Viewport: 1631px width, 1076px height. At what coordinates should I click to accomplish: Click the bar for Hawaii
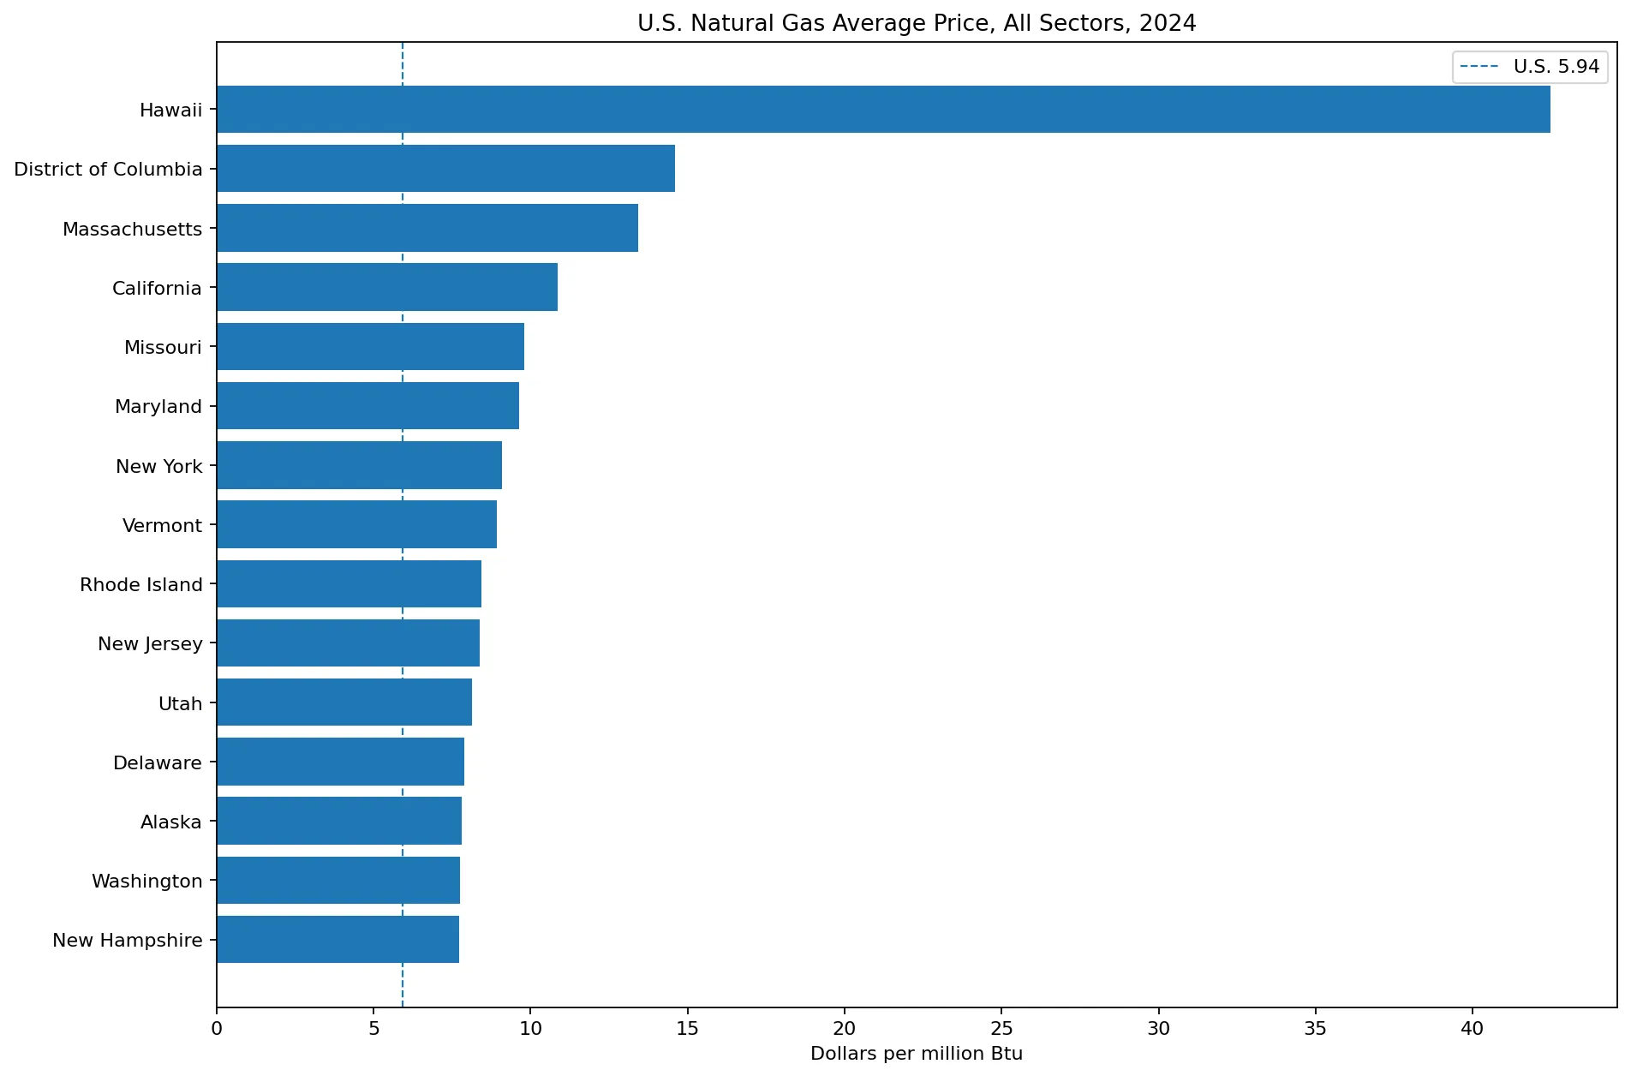point(883,109)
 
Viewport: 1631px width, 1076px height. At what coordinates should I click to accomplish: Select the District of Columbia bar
point(445,168)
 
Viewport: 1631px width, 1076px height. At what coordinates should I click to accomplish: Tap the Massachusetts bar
point(427,228)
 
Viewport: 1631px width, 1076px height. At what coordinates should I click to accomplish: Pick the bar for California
point(387,287)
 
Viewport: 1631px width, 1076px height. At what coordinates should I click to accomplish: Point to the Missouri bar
point(370,346)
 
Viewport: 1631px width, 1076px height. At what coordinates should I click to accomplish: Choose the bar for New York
point(359,465)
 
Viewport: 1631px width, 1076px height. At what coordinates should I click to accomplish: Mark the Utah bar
point(344,702)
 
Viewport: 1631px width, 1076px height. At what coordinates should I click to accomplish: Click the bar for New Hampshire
point(338,940)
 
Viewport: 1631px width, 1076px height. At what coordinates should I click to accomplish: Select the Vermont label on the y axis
point(162,525)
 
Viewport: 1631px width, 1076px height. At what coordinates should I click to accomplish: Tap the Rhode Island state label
point(141,584)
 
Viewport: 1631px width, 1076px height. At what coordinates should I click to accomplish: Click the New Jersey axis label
point(150,644)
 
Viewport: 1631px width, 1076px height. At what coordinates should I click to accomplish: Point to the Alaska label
point(171,822)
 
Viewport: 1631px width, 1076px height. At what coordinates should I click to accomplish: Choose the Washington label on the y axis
point(147,882)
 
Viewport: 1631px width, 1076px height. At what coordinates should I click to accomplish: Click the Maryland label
point(158,407)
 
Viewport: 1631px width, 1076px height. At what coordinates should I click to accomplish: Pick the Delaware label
point(158,762)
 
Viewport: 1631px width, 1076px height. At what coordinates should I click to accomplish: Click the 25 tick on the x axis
point(1001,1028)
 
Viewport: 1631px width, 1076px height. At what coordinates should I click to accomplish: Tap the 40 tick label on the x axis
point(1472,1028)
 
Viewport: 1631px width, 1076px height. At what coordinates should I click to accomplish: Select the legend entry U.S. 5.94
point(1530,67)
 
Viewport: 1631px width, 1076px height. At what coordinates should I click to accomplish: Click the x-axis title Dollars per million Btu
point(917,1054)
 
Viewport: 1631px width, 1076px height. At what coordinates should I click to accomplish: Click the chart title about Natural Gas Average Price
point(917,23)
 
